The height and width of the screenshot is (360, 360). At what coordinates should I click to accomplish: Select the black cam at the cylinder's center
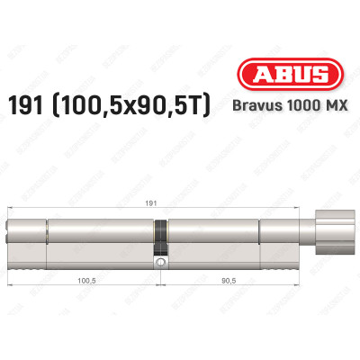(x=161, y=238)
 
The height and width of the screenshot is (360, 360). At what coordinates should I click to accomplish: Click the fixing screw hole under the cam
(x=161, y=264)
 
